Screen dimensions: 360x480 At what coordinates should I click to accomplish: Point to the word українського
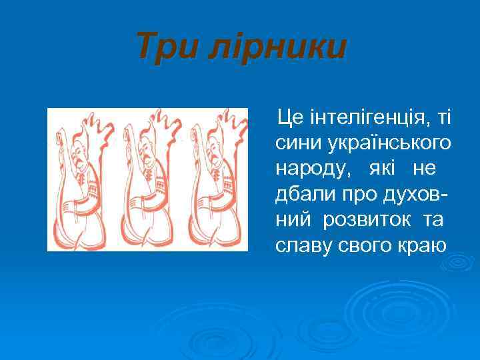[390, 143]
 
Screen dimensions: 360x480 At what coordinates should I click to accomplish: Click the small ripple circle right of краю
[459, 262]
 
